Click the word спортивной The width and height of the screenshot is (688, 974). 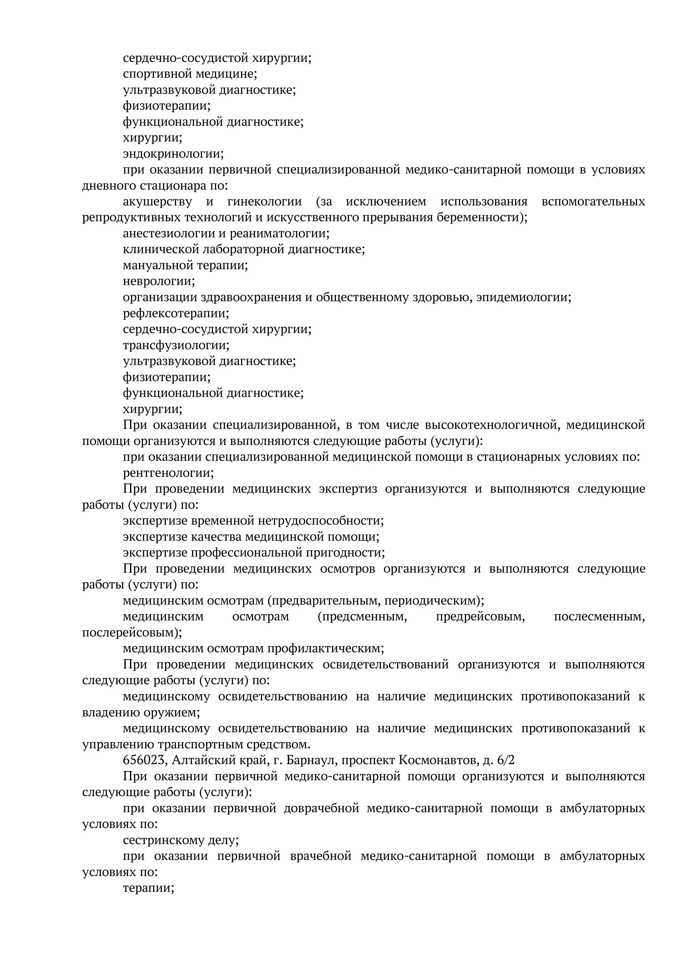[157, 74]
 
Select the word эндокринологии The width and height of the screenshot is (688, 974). [173, 154]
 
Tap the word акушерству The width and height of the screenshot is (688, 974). [157, 202]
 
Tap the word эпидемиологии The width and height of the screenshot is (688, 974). [523, 298]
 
